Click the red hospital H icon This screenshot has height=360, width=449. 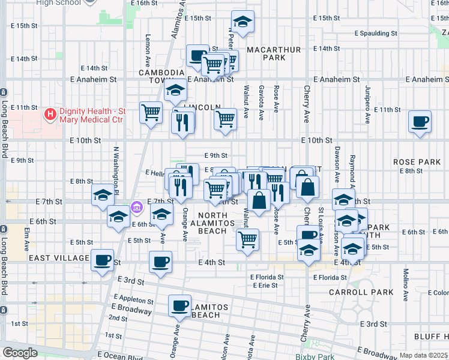point(50,113)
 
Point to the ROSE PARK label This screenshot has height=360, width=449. point(417,162)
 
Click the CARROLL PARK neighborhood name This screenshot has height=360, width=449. point(361,292)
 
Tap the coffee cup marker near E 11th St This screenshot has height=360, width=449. point(420,121)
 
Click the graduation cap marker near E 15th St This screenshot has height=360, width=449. point(243,22)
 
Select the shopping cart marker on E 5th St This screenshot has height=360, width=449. point(247,239)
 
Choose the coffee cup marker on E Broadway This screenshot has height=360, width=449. point(179,306)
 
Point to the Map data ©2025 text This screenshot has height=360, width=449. point(423,355)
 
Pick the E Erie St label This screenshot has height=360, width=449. point(264,285)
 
